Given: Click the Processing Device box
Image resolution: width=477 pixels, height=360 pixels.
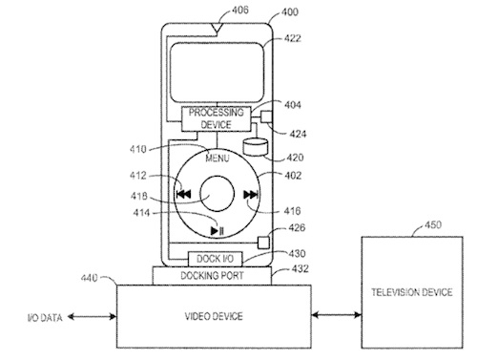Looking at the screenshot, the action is [217, 118].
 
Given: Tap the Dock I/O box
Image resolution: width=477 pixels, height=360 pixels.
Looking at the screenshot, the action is [215, 259].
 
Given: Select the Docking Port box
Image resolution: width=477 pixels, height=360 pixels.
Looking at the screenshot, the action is [212, 276].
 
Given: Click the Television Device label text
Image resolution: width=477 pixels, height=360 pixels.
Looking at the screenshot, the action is [412, 292].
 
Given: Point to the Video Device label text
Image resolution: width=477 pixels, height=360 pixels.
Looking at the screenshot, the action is [214, 316].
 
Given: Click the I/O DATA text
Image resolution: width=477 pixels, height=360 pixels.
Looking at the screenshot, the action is [45, 317].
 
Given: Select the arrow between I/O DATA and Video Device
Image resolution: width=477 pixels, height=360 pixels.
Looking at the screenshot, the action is [92, 316].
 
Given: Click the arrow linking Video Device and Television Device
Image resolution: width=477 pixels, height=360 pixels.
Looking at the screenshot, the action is [337, 315].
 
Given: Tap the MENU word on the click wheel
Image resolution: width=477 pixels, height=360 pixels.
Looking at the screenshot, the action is [218, 159].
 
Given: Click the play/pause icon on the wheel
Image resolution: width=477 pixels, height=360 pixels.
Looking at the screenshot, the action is [218, 230].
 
